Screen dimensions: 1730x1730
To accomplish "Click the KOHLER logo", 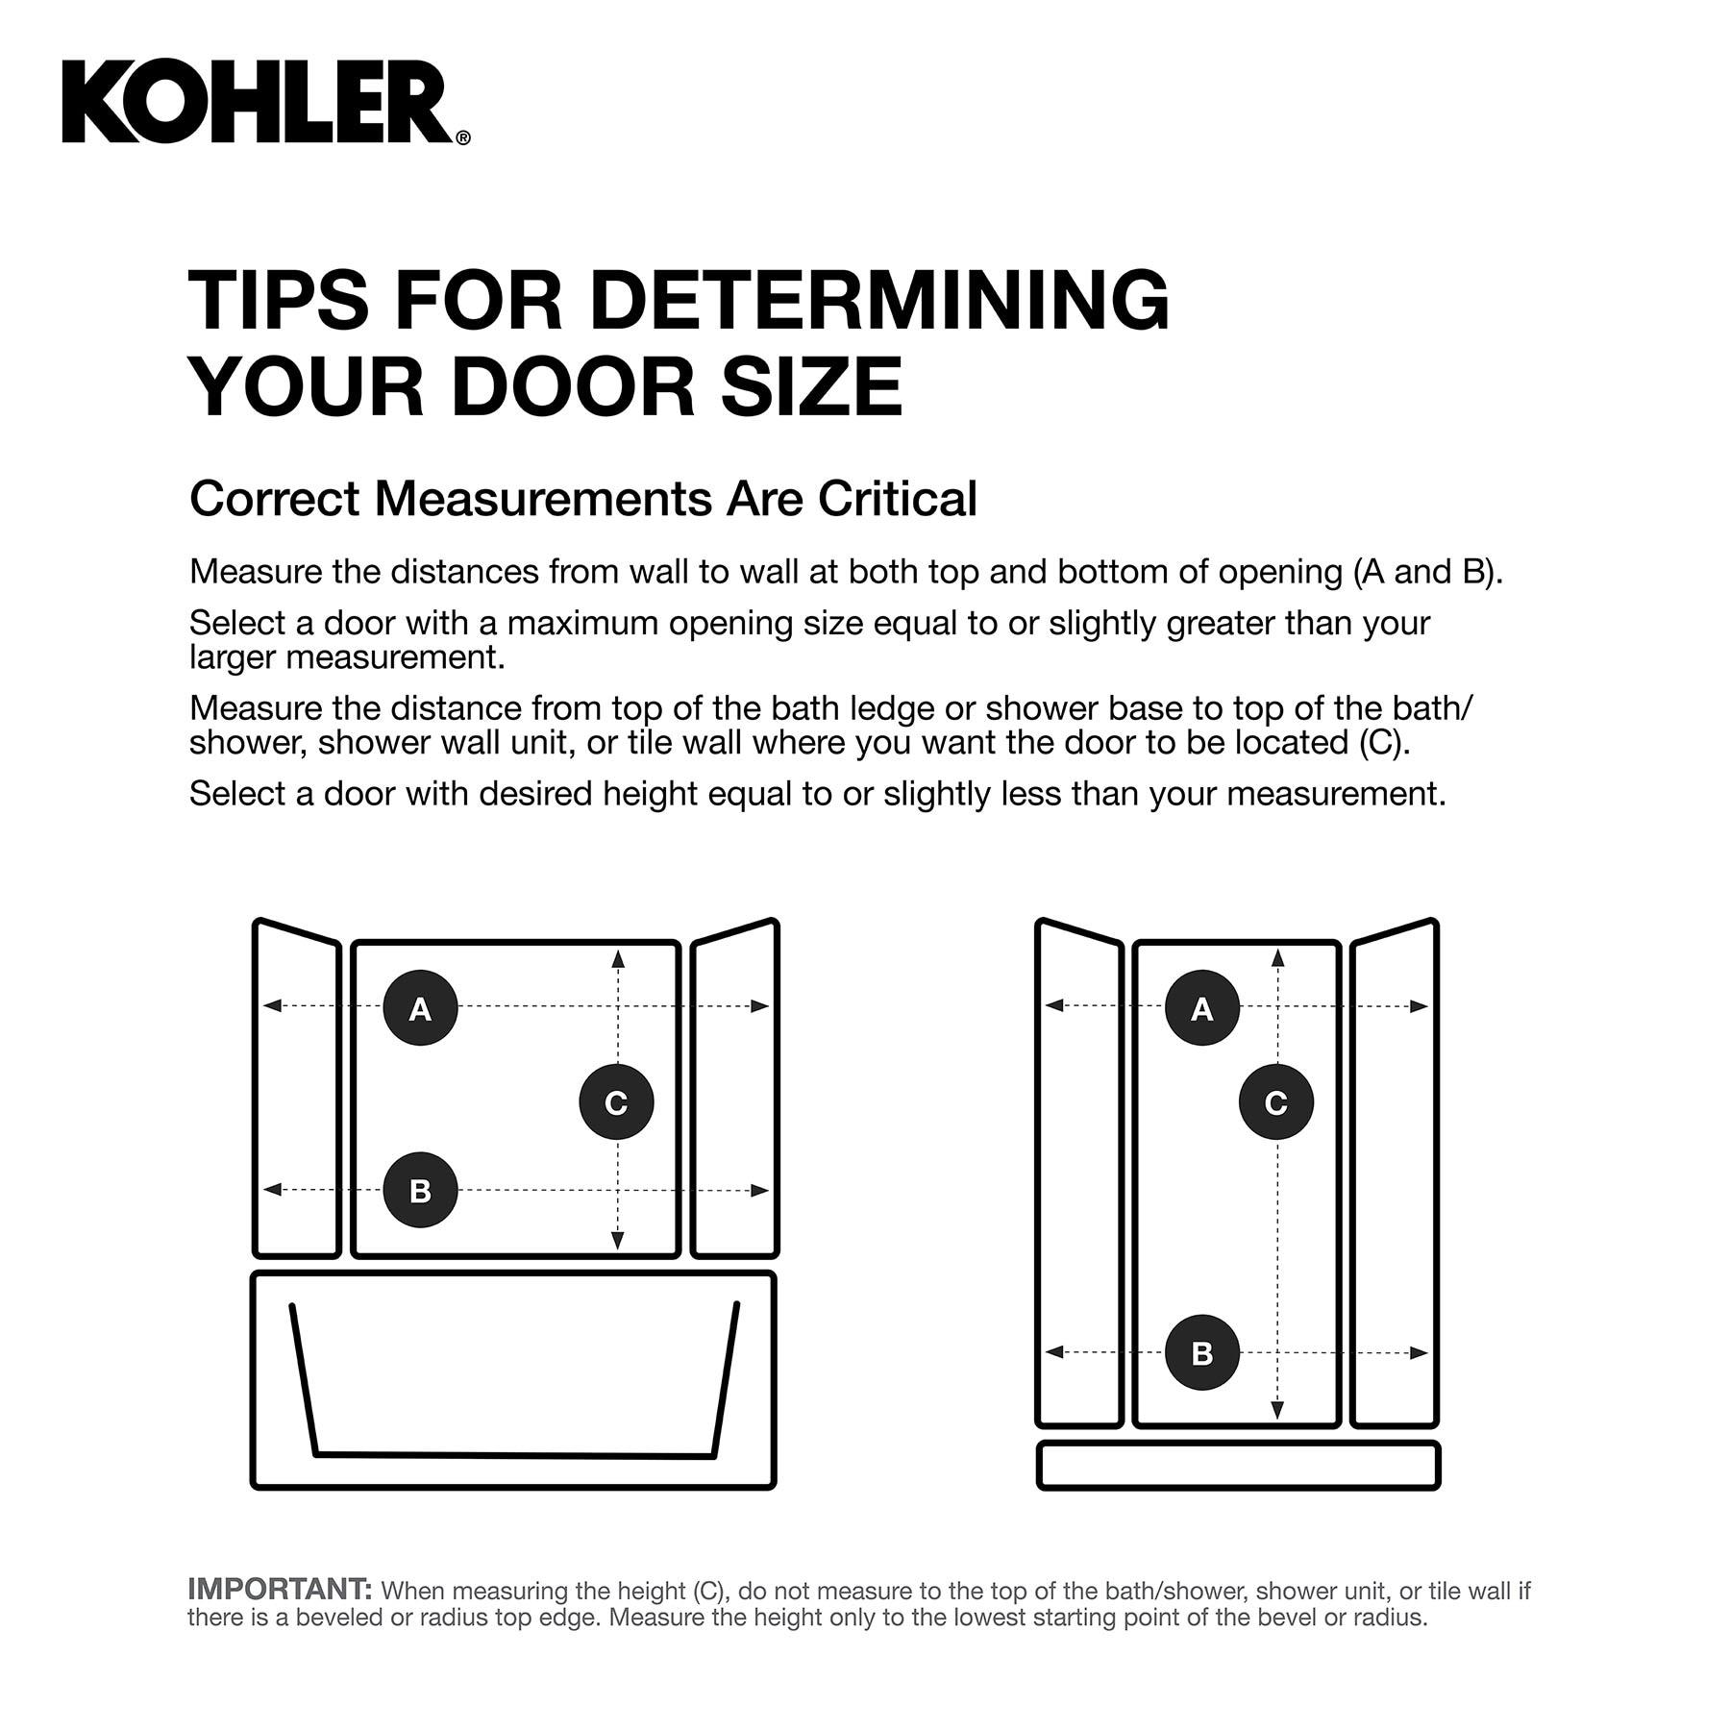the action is pos(266,103).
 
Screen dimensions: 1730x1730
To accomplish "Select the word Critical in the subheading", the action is pos(898,499).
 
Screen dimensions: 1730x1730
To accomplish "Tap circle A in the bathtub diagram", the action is pos(420,1008).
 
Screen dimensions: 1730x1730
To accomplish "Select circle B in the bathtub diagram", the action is pos(420,1190).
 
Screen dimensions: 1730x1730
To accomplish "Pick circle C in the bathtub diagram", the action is pos(616,1101).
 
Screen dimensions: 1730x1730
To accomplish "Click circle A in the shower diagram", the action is pos(1201,1008).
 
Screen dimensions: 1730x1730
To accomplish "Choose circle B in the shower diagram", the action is pos(1201,1352).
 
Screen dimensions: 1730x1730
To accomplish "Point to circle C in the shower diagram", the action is pos(1276,1101).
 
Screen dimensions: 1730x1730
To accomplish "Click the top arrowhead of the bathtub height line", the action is pos(618,958).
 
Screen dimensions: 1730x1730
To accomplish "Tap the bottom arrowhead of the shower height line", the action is pos(1277,1410).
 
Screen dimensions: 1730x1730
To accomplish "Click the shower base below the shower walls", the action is pos(1238,1466).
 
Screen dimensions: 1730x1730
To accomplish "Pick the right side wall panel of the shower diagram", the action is pos(1395,1173).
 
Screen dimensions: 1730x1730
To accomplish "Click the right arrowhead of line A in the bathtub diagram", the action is pos(760,1006).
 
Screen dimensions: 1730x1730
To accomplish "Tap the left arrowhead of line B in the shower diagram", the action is pos(1054,1352).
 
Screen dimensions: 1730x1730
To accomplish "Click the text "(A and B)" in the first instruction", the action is pos(1427,572).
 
